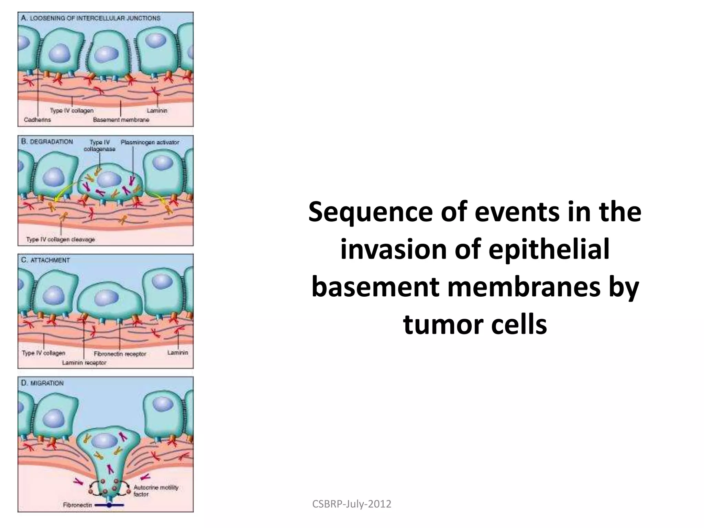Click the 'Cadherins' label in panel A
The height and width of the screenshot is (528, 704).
point(37,120)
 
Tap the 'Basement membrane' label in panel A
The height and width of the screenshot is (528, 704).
point(121,120)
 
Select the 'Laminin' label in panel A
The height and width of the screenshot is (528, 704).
point(157,111)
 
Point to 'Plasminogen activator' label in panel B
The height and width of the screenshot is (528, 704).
point(150,142)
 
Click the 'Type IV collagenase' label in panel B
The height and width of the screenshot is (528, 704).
point(100,146)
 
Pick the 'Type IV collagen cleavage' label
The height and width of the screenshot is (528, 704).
point(60,239)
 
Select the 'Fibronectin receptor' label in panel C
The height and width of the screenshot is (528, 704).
point(120,354)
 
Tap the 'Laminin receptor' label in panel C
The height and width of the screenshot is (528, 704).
point(84,363)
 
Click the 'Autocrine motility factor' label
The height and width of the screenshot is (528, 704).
point(156,491)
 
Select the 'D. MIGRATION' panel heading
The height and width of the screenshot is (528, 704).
point(42,383)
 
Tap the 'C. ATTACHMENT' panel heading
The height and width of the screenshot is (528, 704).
point(45,260)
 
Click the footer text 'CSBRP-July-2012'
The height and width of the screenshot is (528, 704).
point(352,504)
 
